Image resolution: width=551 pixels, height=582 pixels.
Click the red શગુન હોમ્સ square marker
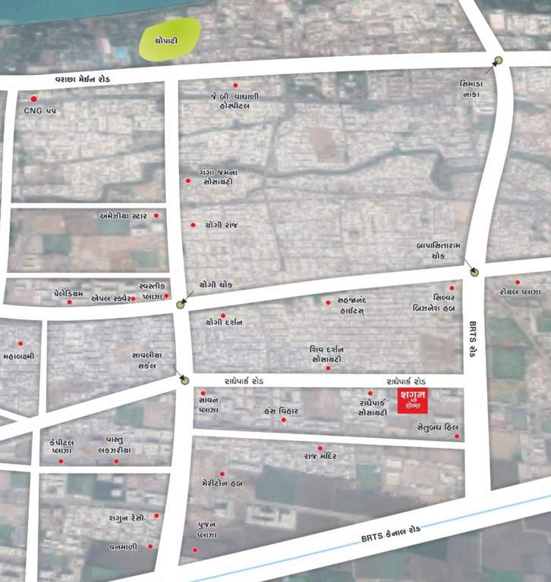pos(413,399)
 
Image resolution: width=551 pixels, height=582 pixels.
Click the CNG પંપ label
pos(40,111)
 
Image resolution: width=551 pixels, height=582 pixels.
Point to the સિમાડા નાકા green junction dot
pos(499,61)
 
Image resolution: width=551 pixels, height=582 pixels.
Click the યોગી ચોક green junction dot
pos(181,305)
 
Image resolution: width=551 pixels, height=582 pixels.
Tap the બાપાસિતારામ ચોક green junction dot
pos(474,272)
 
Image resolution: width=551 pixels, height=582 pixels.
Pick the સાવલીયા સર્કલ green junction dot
pos(184,380)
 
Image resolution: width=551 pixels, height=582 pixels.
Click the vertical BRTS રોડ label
pos(472,338)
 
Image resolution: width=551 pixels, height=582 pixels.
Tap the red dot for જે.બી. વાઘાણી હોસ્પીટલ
pos(235,85)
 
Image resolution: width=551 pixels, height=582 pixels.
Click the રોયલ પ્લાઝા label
pos(520,292)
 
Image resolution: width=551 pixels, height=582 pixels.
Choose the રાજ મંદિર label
pos(320,457)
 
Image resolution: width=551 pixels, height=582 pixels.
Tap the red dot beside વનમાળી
pos(150,546)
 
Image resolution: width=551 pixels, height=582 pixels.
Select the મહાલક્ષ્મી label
pos(19,355)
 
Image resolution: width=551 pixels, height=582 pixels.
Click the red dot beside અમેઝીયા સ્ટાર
pos(156,216)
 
